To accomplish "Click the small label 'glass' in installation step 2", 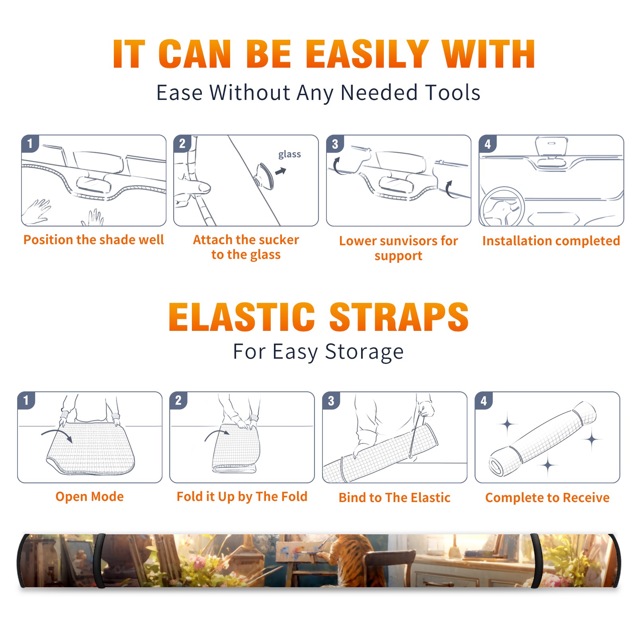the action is coord(289,154).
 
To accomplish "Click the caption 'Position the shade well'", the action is coord(94,240).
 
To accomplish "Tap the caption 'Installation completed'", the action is coord(551,240).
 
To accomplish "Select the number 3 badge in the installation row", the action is coord(335,144).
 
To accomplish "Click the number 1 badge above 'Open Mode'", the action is coord(26,401).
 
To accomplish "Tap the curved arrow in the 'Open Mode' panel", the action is coord(57,434).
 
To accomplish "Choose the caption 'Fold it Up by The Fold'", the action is coord(242,496).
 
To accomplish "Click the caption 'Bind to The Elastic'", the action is coord(395,498).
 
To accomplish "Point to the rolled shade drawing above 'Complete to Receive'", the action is coord(542,439).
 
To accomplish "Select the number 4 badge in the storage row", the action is coord(484,401).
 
